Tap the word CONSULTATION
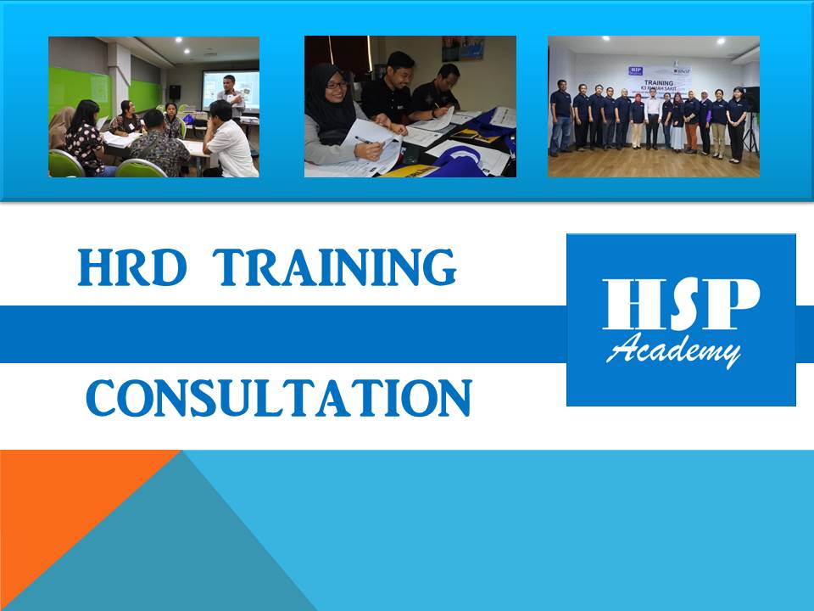pos(278,398)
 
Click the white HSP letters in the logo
pos(681,305)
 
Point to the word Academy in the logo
pos(674,349)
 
